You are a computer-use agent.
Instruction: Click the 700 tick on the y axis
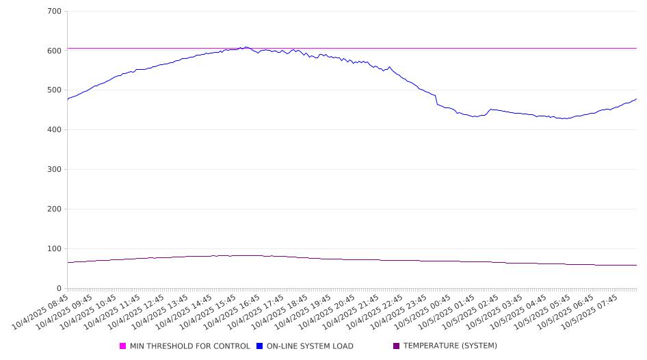[x=54, y=11]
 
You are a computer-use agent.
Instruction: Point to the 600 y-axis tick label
[x=54, y=51]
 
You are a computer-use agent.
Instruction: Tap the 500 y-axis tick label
[x=54, y=90]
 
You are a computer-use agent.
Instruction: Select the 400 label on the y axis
[x=54, y=130]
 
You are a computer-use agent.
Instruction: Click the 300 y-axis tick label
[x=54, y=170]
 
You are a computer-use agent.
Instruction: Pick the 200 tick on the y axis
[x=54, y=209]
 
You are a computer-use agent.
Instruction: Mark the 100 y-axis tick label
[x=54, y=249]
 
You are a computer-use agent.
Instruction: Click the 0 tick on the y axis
[x=59, y=288]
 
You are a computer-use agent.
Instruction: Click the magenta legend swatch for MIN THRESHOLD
[x=123, y=346]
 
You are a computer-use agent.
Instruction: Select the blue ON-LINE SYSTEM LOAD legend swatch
[x=260, y=346]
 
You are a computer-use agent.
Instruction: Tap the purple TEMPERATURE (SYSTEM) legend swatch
[x=396, y=346]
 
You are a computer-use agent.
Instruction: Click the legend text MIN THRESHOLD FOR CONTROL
[x=190, y=346]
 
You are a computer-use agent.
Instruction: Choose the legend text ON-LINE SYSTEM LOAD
[x=310, y=346]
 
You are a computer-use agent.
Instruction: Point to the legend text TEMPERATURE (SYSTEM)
[x=450, y=346]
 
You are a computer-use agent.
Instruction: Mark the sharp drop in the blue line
[x=436, y=100]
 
